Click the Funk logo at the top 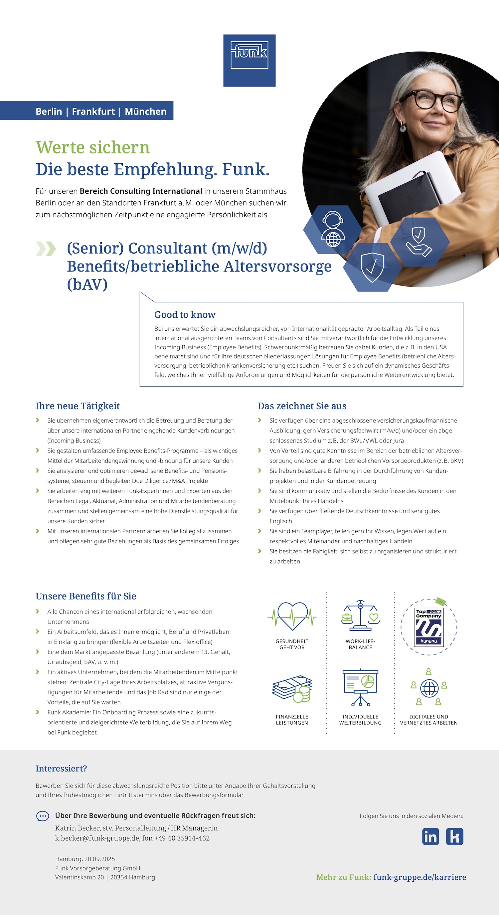(x=249, y=60)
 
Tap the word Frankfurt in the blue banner (x=93, y=111)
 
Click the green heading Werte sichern (x=93, y=147)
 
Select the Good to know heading (x=185, y=315)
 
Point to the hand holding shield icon (x=419, y=242)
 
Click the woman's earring (x=403, y=127)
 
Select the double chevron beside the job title (x=46, y=249)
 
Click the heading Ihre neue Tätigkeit (x=78, y=406)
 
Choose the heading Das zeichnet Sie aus (x=302, y=406)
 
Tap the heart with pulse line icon (x=292, y=617)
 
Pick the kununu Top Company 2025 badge (x=429, y=627)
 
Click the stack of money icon (x=292, y=689)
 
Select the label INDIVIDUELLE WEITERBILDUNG (x=360, y=720)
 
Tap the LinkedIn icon (x=430, y=836)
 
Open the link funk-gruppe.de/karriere (x=419, y=877)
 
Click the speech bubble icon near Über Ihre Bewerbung (x=43, y=816)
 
